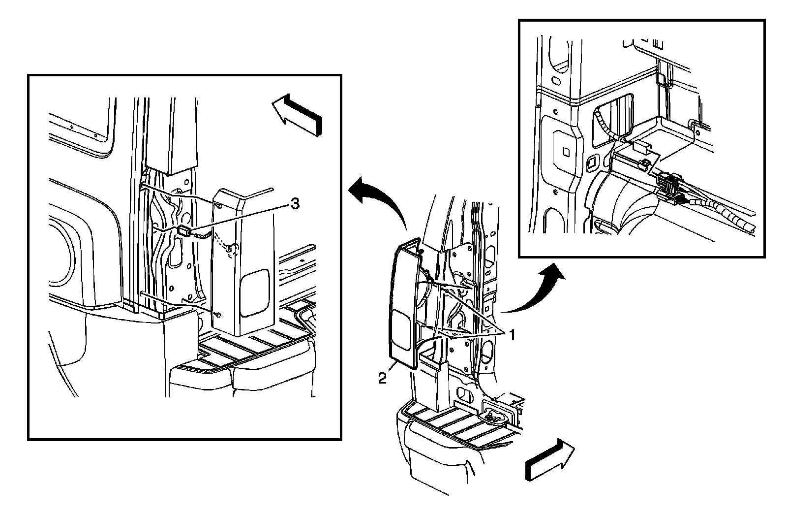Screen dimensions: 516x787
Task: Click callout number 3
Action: click(x=294, y=203)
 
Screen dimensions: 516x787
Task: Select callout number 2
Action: click(x=382, y=378)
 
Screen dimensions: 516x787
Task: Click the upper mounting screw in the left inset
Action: click(x=217, y=203)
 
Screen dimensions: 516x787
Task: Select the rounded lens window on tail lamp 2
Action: click(x=402, y=332)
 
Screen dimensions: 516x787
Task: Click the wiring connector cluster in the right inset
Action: click(x=670, y=187)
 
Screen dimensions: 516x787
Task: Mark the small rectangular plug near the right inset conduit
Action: click(x=641, y=146)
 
